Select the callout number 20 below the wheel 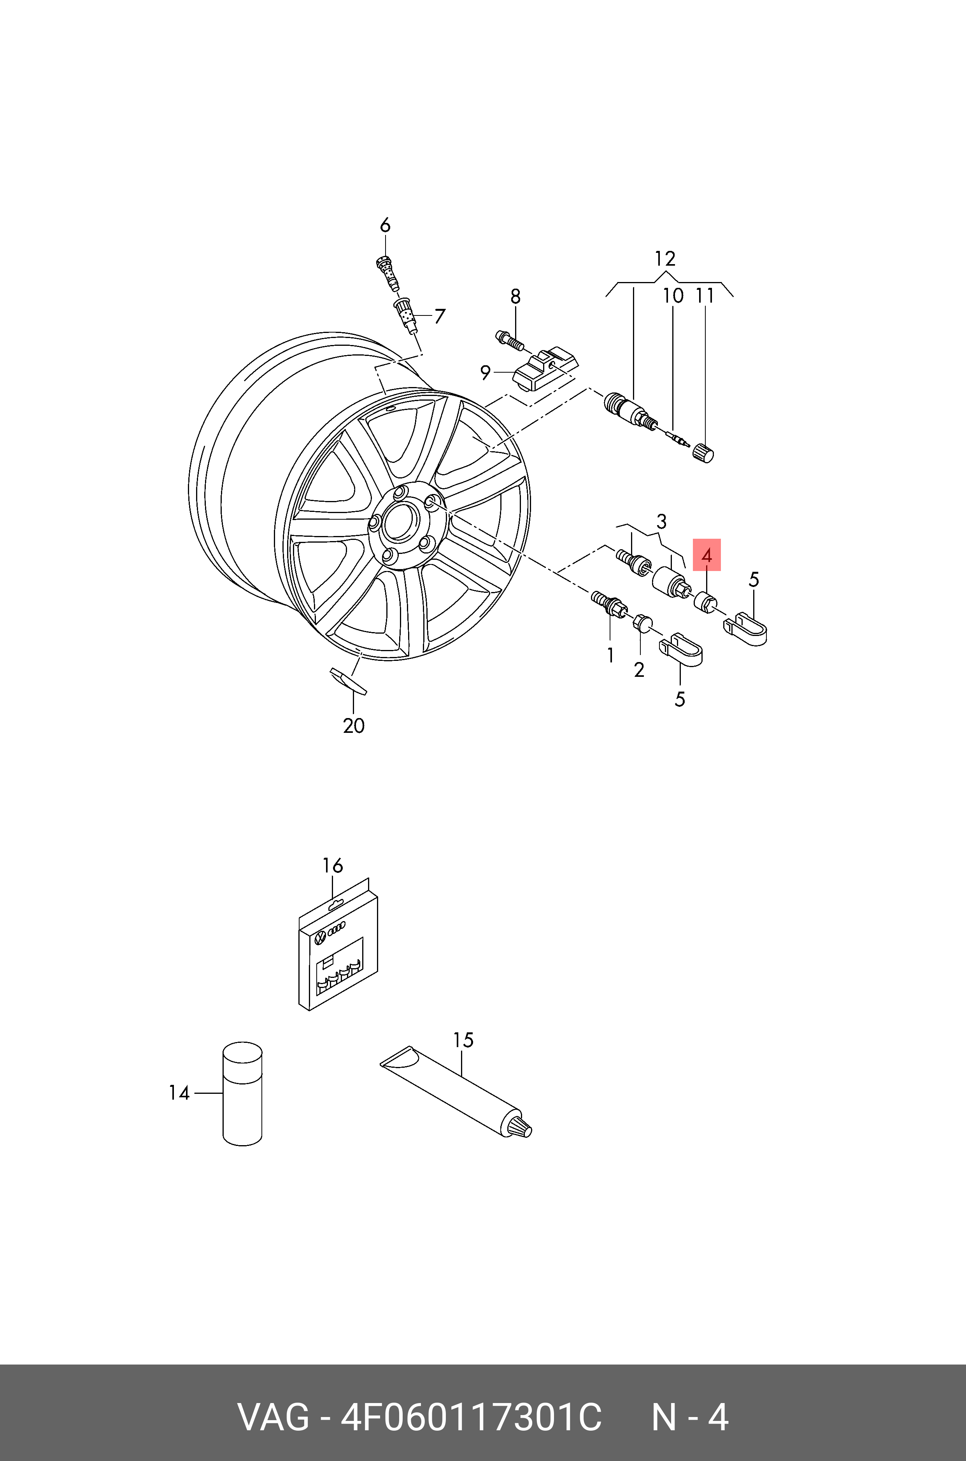pos(354,726)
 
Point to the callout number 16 pos(333,865)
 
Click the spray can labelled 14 pos(242,1094)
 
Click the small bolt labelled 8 pos(509,339)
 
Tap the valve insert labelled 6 pos(386,272)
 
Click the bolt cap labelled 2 pos(642,623)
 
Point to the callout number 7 pos(439,317)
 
